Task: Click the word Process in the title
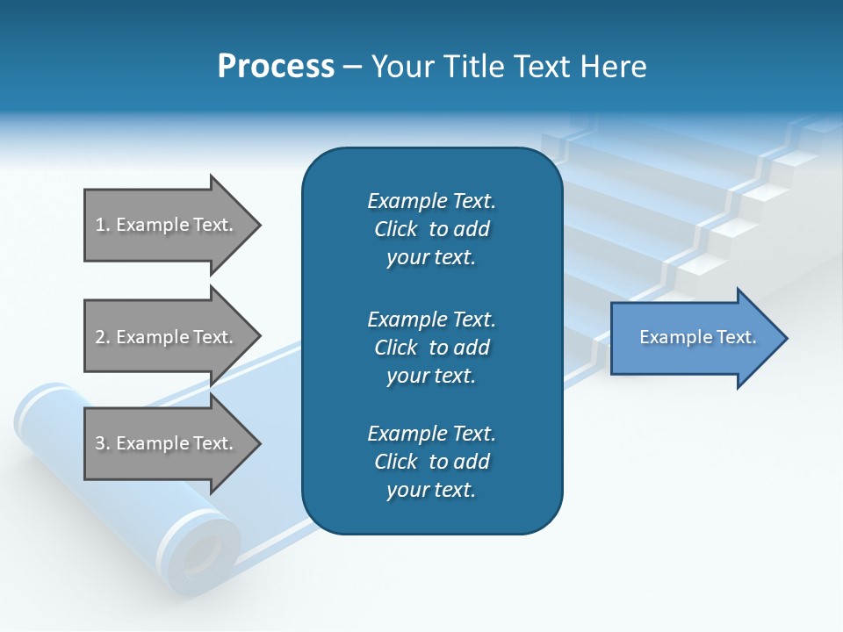click(276, 67)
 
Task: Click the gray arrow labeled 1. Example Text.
click(167, 225)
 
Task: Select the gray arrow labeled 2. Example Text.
click(167, 337)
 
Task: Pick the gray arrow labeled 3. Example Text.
click(167, 443)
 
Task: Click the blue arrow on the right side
click(694, 338)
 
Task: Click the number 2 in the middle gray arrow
click(100, 337)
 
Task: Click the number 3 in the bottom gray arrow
click(100, 443)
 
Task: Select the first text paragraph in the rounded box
click(431, 229)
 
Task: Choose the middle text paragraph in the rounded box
click(431, 348)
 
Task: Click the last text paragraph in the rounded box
click(431, 462)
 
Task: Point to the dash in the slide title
click(352, 68)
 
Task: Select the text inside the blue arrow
click(697, 337)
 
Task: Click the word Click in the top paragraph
click(396, 229)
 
